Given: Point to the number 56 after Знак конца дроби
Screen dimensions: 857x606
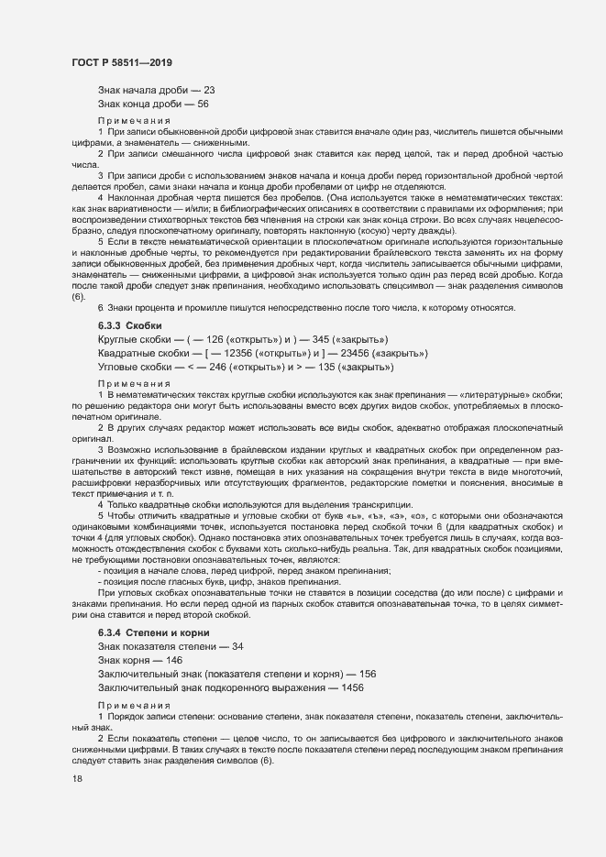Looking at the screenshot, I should click(x=203, y=104).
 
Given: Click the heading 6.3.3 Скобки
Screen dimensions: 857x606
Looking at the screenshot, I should click(x=129, y=325).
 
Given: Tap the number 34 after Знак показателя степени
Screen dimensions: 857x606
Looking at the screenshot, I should click(x=237, y=647).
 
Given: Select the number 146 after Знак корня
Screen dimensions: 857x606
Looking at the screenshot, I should click(x=173, y=660).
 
